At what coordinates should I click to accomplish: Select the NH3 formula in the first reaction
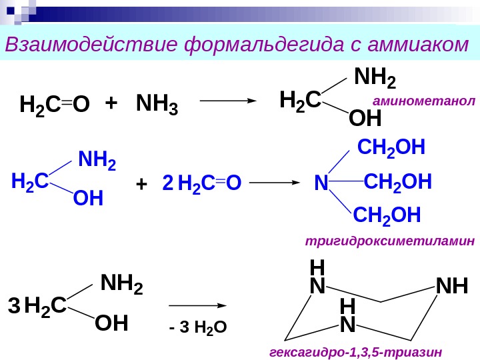[x=157, y=105]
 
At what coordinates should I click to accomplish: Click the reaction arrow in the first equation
[x=229, y=101]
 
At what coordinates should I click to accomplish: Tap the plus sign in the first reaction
[x=111, y=103]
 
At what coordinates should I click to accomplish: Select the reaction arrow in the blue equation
[x=275, y=181]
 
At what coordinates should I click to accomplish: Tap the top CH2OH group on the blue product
[x=391, y=147]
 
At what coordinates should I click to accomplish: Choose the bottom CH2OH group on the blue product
[x=387, y=215]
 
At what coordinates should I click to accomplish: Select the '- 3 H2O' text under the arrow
[x=199, y=327]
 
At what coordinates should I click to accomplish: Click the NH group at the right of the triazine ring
[x=451, y=288]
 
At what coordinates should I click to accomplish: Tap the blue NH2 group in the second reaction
[x=97, y=161]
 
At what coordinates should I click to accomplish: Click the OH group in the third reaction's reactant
[x=111, y=325]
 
